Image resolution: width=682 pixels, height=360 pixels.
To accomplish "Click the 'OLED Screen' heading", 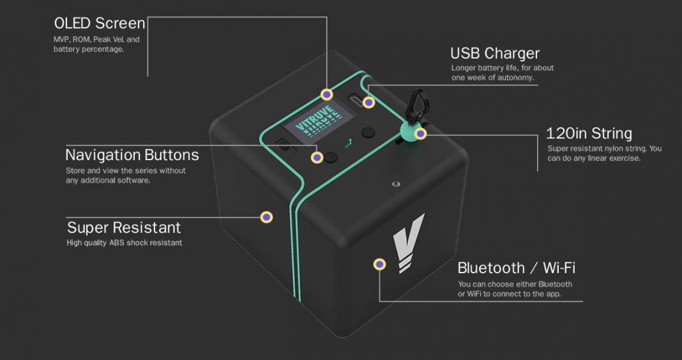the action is tap(100, 23).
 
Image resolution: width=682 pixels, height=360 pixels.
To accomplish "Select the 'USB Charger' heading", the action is tap(495, 53).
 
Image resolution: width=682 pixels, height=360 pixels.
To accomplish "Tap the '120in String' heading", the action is tap(589, 133).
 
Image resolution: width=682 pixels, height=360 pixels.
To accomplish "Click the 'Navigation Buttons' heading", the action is tap(132, 154).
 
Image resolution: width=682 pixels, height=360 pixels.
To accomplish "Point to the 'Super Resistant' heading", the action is tap(124, 227).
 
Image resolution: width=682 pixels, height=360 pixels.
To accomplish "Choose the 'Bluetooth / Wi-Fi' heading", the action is tap(516, 268).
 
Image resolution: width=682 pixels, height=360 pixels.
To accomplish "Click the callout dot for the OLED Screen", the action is tap(327, 94).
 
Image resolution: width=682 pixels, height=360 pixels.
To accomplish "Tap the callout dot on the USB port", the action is tap(369, 103).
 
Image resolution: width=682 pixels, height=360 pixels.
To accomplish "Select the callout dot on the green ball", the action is tap(420, 134).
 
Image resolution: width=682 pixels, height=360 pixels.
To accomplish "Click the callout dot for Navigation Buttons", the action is tap(317, 158).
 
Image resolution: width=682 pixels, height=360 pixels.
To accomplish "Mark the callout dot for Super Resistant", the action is tap(266, 217).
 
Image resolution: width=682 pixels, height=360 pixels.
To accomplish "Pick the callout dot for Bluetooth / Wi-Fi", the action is tap(380, 264).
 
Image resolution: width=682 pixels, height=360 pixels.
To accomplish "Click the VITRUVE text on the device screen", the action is tap(316, 119).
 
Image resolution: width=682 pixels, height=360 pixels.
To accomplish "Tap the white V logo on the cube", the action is tap(407, 243).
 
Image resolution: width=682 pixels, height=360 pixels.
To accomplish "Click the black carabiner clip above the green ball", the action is tap(418, 106).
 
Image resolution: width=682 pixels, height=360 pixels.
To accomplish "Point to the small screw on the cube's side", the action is tap(395, 184).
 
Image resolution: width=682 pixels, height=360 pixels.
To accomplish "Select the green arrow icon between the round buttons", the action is tap(349, 143).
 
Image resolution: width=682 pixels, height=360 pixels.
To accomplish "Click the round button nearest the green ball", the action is tap(368, 133).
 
